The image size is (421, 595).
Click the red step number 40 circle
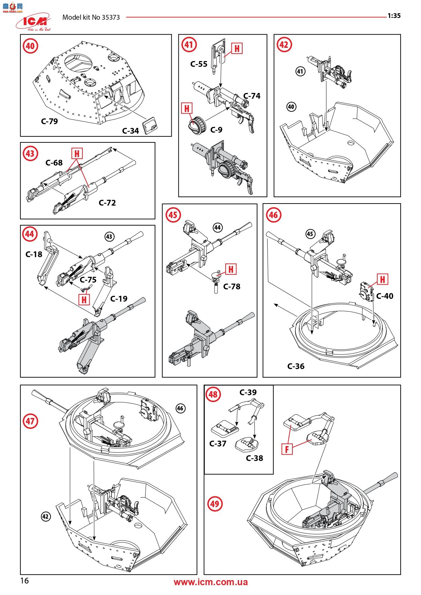tap(30, 46)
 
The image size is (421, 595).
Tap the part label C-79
tap(50, 121)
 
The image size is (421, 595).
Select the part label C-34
tap(131, 131)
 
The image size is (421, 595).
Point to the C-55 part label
tap(199, 64)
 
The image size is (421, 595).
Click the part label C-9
tap(216, 130)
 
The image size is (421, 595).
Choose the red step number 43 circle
tap(30, 154)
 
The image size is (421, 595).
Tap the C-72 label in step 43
tap(107, 203)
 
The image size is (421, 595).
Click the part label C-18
tap(34, 254)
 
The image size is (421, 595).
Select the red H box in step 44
tap(84, 300)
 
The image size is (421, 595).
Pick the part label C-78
tap(232, 287)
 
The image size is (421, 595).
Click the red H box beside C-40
tap(382, 280)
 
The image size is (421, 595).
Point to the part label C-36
tap(296, 366)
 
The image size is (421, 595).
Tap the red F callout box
tap(287, 449)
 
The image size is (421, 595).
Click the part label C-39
tap(248, 392)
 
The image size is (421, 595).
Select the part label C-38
tap(254, 458)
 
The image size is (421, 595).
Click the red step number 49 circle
tap(215, 504)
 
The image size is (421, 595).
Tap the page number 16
tap(24, 581)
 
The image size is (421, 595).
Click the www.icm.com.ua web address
tap(211, 582)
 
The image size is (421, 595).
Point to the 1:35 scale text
tap(394, 16)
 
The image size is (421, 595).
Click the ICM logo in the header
tap(33, 22)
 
